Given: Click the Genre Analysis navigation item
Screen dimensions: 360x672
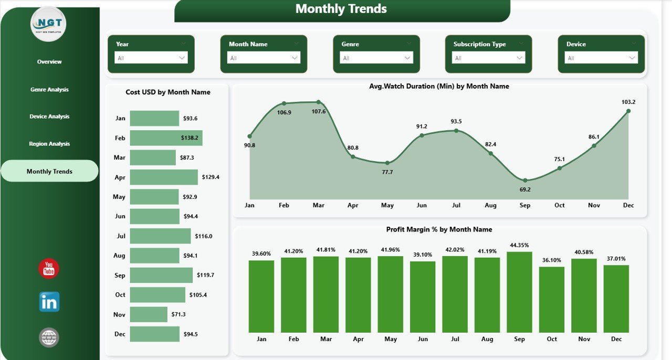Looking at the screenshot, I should click(x=49, y=90).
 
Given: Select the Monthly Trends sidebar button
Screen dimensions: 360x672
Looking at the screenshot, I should click(x=49, y=172).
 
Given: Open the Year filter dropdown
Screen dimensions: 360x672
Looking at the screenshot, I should click(x=151, y=58).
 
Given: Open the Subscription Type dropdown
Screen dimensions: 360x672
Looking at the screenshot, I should click(x=488, y=58).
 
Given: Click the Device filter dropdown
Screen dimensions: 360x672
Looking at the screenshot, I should click(x=601, y=58).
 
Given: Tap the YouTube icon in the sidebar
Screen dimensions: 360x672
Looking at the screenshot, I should click(x=49, y=269).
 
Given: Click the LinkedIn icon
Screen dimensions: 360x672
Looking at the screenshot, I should click(x=49, y=302).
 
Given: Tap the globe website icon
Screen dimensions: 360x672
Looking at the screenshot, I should click(x=49, y=337).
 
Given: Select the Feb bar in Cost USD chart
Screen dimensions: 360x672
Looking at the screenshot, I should click(x=166, y=138).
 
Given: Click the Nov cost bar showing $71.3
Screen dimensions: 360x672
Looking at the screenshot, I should click(x=149, y=314).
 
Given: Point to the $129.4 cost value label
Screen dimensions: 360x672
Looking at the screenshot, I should click(x=211, y=177).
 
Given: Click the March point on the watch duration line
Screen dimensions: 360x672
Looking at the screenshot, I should click(x=319, y=102).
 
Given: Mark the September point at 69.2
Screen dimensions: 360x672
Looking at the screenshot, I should click(x=525, y=180).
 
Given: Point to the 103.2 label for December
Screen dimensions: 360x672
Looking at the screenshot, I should click(x=628, y=102).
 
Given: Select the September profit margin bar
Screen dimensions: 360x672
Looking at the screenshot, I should click(x=519, y=292).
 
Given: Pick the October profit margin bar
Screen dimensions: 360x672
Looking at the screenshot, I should click(x=552, y=299).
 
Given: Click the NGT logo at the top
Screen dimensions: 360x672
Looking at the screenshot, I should click(x=48, y=24).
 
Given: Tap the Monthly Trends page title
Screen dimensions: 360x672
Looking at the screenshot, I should click(x=341, y=9).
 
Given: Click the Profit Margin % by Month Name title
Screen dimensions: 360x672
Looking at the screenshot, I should click(x=439, y=229).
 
